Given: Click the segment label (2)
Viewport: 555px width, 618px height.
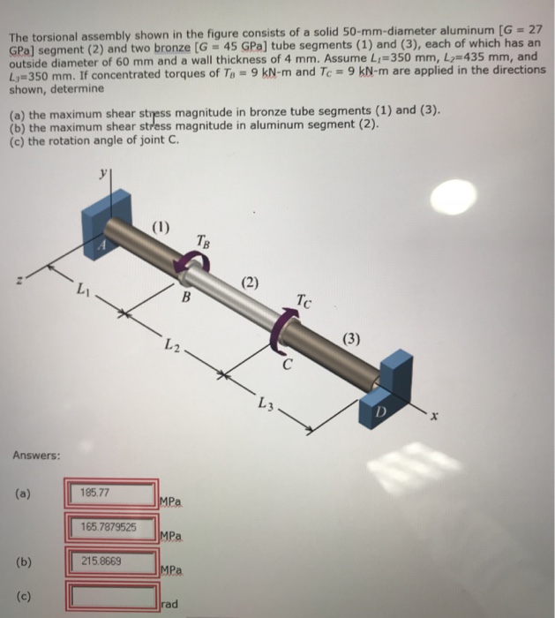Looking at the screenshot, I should pyautogui.click(x=252, y=283).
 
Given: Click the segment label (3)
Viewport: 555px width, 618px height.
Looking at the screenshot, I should pyautogui.click(x=351, y=338).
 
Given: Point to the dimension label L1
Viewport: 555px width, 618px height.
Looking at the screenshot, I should pyautogui.click(x=82, y=290).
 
